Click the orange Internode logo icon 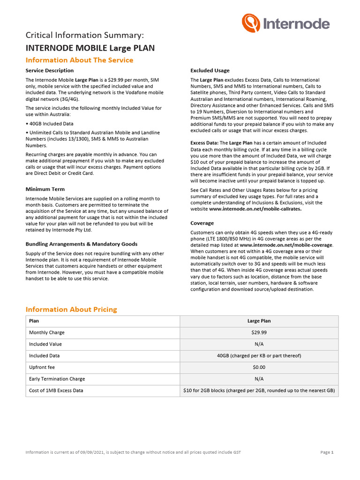[250, 23]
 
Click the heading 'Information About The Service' [79, 60]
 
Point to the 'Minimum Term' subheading [45, 189]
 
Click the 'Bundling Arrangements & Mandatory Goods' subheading [82, 244]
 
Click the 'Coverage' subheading [202, 223]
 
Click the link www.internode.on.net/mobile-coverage [286, 245]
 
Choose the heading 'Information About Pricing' [71, 309]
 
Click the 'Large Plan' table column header [259, 321]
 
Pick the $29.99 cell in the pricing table [259, 332]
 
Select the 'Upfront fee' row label [42, 367]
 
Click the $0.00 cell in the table [259, 367]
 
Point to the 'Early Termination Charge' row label [57, 379]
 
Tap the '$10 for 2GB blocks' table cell [259, 390]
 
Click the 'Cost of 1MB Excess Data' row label [56, 390]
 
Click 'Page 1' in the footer [327, 452]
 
